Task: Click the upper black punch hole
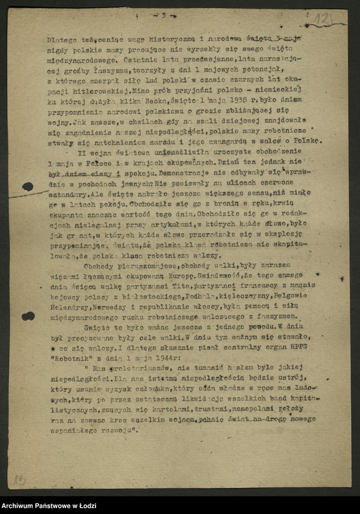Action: (x=28, y=187)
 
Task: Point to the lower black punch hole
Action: (x=28, y=316)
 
